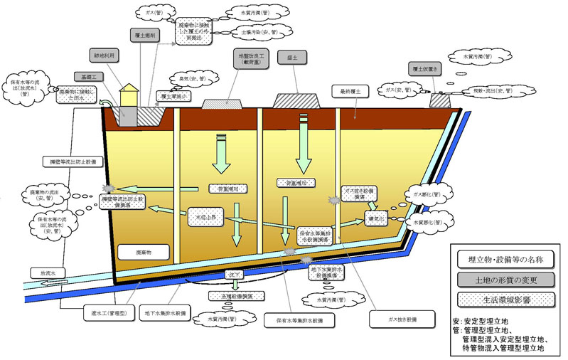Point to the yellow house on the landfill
tap(129, 96)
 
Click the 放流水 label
tap(44, 272)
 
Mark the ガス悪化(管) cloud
tap(428, 194)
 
